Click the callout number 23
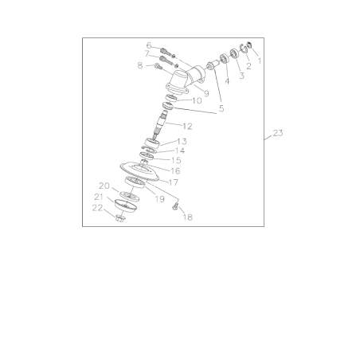click(x=277, y=133)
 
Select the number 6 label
click(x=148, y=45)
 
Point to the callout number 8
click(x=140, y=66)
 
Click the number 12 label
click(x=187, y=126)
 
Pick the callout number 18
click(x=188, y=217)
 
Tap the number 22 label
click(x=97, y=208)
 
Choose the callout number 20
click(x=104, y=186)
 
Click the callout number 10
click(x=196, y=101)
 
